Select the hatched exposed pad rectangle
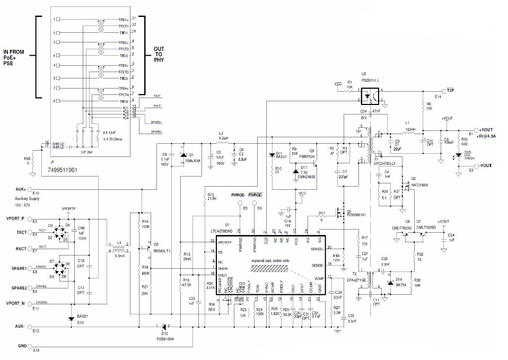pyautogui.click(x=270, y=269)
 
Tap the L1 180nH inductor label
pyautogui.click(x=410, y=126)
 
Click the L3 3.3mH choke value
pyautogui.click(x=120, y=256)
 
